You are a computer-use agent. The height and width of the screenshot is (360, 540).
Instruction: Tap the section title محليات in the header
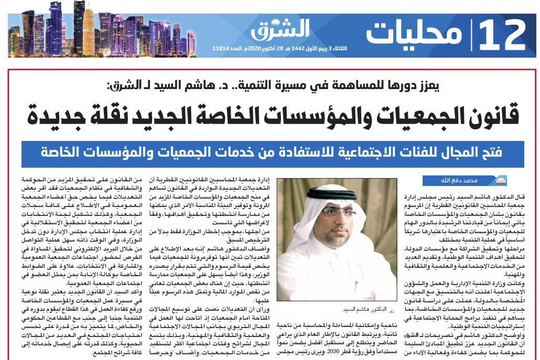(x=415, y=34)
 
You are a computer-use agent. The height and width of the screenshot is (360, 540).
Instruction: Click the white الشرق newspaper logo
(x=280, y=29)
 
